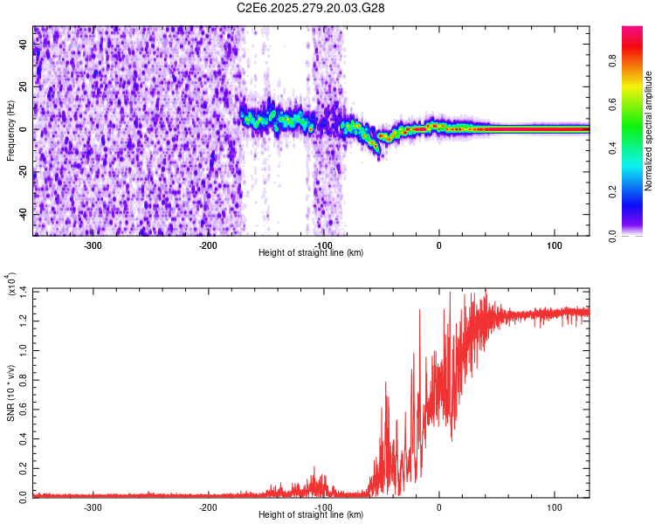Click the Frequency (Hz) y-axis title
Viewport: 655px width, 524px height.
click(10, 131)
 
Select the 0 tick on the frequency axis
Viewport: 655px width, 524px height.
click(24, 129)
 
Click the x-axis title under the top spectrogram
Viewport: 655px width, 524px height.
click(311, 252)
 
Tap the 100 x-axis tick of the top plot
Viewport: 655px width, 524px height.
click(554, 245)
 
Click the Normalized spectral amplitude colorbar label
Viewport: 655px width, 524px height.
click(649, 131)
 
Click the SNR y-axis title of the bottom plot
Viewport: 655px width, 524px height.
click(10, 392)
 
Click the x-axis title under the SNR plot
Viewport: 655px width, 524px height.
click(311, 514)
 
